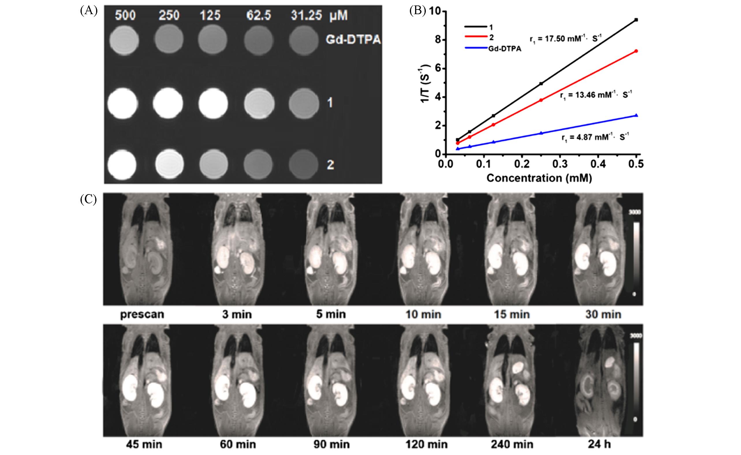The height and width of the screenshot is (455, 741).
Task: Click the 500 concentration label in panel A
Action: pyautogui.click(x=125, y=15)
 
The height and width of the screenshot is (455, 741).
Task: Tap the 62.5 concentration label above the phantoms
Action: pyautogui.click(x=258, y=15)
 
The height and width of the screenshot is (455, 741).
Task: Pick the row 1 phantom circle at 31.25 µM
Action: pyautogui.click(x=303, y=103)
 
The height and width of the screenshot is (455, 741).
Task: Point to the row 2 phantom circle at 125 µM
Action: pyautogui.click(x=213, y=165)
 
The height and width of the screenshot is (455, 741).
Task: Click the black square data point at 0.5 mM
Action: pyautogui.click(x=636, y=20)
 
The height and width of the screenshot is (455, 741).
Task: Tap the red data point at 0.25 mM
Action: pyautogui.click(x=541, y=100)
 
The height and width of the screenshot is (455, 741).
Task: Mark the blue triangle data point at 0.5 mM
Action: pyautogui.click(x=636, y=115)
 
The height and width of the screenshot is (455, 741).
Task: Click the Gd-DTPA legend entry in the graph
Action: pyautogui.click(x=504, y=49)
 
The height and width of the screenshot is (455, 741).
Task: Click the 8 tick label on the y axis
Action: pyautogui.click(x=434, y=40)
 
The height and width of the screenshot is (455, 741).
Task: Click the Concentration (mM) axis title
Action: pyautogui.click(x=539, y=178)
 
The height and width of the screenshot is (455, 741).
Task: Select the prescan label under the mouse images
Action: pyautogui.click(x=142, y=315)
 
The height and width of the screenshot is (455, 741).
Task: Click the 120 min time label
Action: pyautogui.click(x=426, y=444)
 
